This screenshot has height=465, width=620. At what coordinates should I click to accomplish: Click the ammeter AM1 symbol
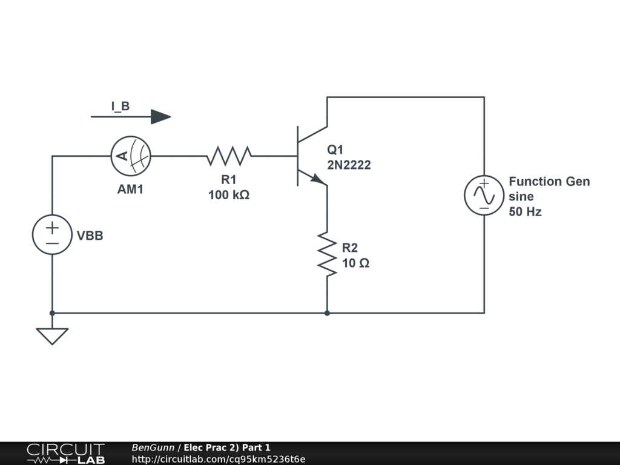coord(130,156)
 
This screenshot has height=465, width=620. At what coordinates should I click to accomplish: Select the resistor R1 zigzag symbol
coord(229,156)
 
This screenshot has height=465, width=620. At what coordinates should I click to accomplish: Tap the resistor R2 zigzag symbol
coord(327,254)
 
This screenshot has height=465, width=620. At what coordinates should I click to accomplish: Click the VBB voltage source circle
coord(52,234)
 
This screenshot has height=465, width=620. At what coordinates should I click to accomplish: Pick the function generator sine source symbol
coord(484,196)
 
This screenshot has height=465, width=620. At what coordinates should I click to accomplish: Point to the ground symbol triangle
coord(52,335)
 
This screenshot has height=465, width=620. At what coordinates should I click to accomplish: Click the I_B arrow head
coord(160,116)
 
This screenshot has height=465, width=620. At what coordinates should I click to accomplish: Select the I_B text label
coord(120,107)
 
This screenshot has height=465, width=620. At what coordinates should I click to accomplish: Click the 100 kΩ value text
coord(229,195)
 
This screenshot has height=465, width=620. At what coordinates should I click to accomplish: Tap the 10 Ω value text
coord(356,263)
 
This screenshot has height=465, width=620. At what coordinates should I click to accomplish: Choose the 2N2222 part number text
coord(349,165)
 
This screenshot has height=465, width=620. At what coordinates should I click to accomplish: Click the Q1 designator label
coord(335,150)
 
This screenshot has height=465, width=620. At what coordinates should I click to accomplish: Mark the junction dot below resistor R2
coord(327,313)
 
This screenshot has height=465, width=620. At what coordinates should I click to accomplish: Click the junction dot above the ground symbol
coord(52,313)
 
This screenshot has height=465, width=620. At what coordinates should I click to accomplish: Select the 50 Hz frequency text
coord(525,212)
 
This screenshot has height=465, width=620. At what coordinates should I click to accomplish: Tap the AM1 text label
coord(130,190)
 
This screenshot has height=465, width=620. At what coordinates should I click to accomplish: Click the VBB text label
coord(90,236)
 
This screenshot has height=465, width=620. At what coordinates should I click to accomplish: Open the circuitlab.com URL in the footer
coord(219,459)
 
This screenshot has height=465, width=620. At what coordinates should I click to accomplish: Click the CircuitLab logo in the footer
coord(65,453)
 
